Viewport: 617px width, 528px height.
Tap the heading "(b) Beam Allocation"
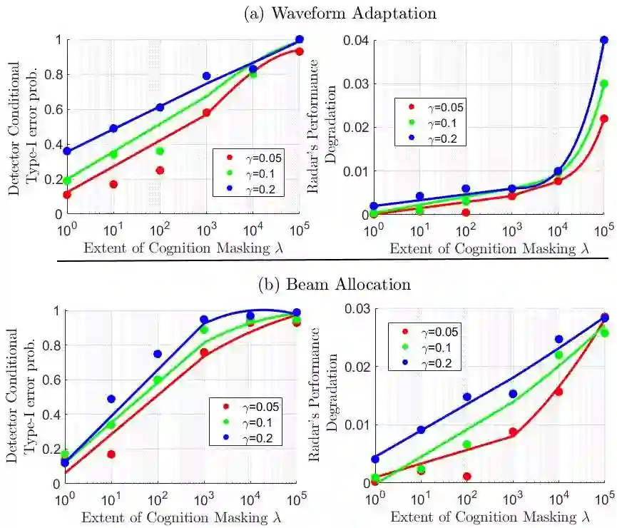click(335, 284)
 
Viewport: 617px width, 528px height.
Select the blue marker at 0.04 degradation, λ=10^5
click(604, 40)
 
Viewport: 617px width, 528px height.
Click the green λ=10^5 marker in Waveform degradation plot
click(604, 83)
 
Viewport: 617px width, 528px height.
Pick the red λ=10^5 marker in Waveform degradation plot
click(604, 118)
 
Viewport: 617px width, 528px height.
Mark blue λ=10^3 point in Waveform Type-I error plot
click(206, 76)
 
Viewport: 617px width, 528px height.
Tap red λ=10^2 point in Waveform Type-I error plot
click(160, 170)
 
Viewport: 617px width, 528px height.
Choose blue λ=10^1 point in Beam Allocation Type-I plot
click(111, 399)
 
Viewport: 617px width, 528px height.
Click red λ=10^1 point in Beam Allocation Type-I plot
click(111, 454)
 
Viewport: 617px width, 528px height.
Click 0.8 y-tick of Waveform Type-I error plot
click(49, 75)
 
